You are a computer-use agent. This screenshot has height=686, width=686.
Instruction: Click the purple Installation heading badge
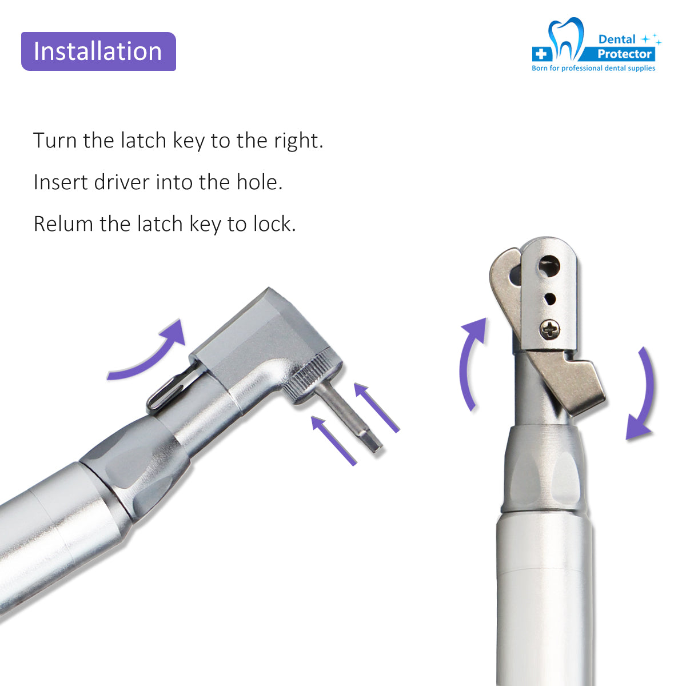pos(98,51)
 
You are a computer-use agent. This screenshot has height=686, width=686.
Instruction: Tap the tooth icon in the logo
pos(566,39)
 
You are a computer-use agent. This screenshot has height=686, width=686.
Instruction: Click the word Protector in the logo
pos(624,54)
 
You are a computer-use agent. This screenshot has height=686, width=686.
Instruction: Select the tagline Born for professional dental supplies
pos(593,68)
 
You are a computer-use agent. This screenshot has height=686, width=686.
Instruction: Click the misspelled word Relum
pos(63,224)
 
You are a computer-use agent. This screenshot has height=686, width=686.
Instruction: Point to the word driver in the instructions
pos(121,182)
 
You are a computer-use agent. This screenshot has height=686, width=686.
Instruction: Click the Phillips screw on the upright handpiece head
pos(549,329)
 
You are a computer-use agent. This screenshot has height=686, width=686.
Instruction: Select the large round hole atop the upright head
pos(548,266)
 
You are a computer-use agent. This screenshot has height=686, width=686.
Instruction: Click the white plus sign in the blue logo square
pos(541,54)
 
